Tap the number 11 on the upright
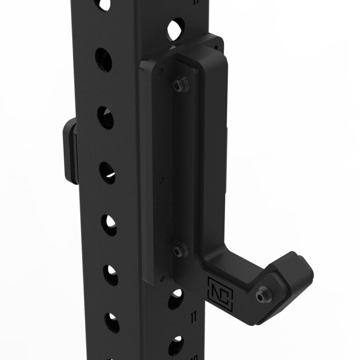194,317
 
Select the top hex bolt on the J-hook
178,84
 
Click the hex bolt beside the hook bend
179,251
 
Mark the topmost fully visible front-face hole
104,59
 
